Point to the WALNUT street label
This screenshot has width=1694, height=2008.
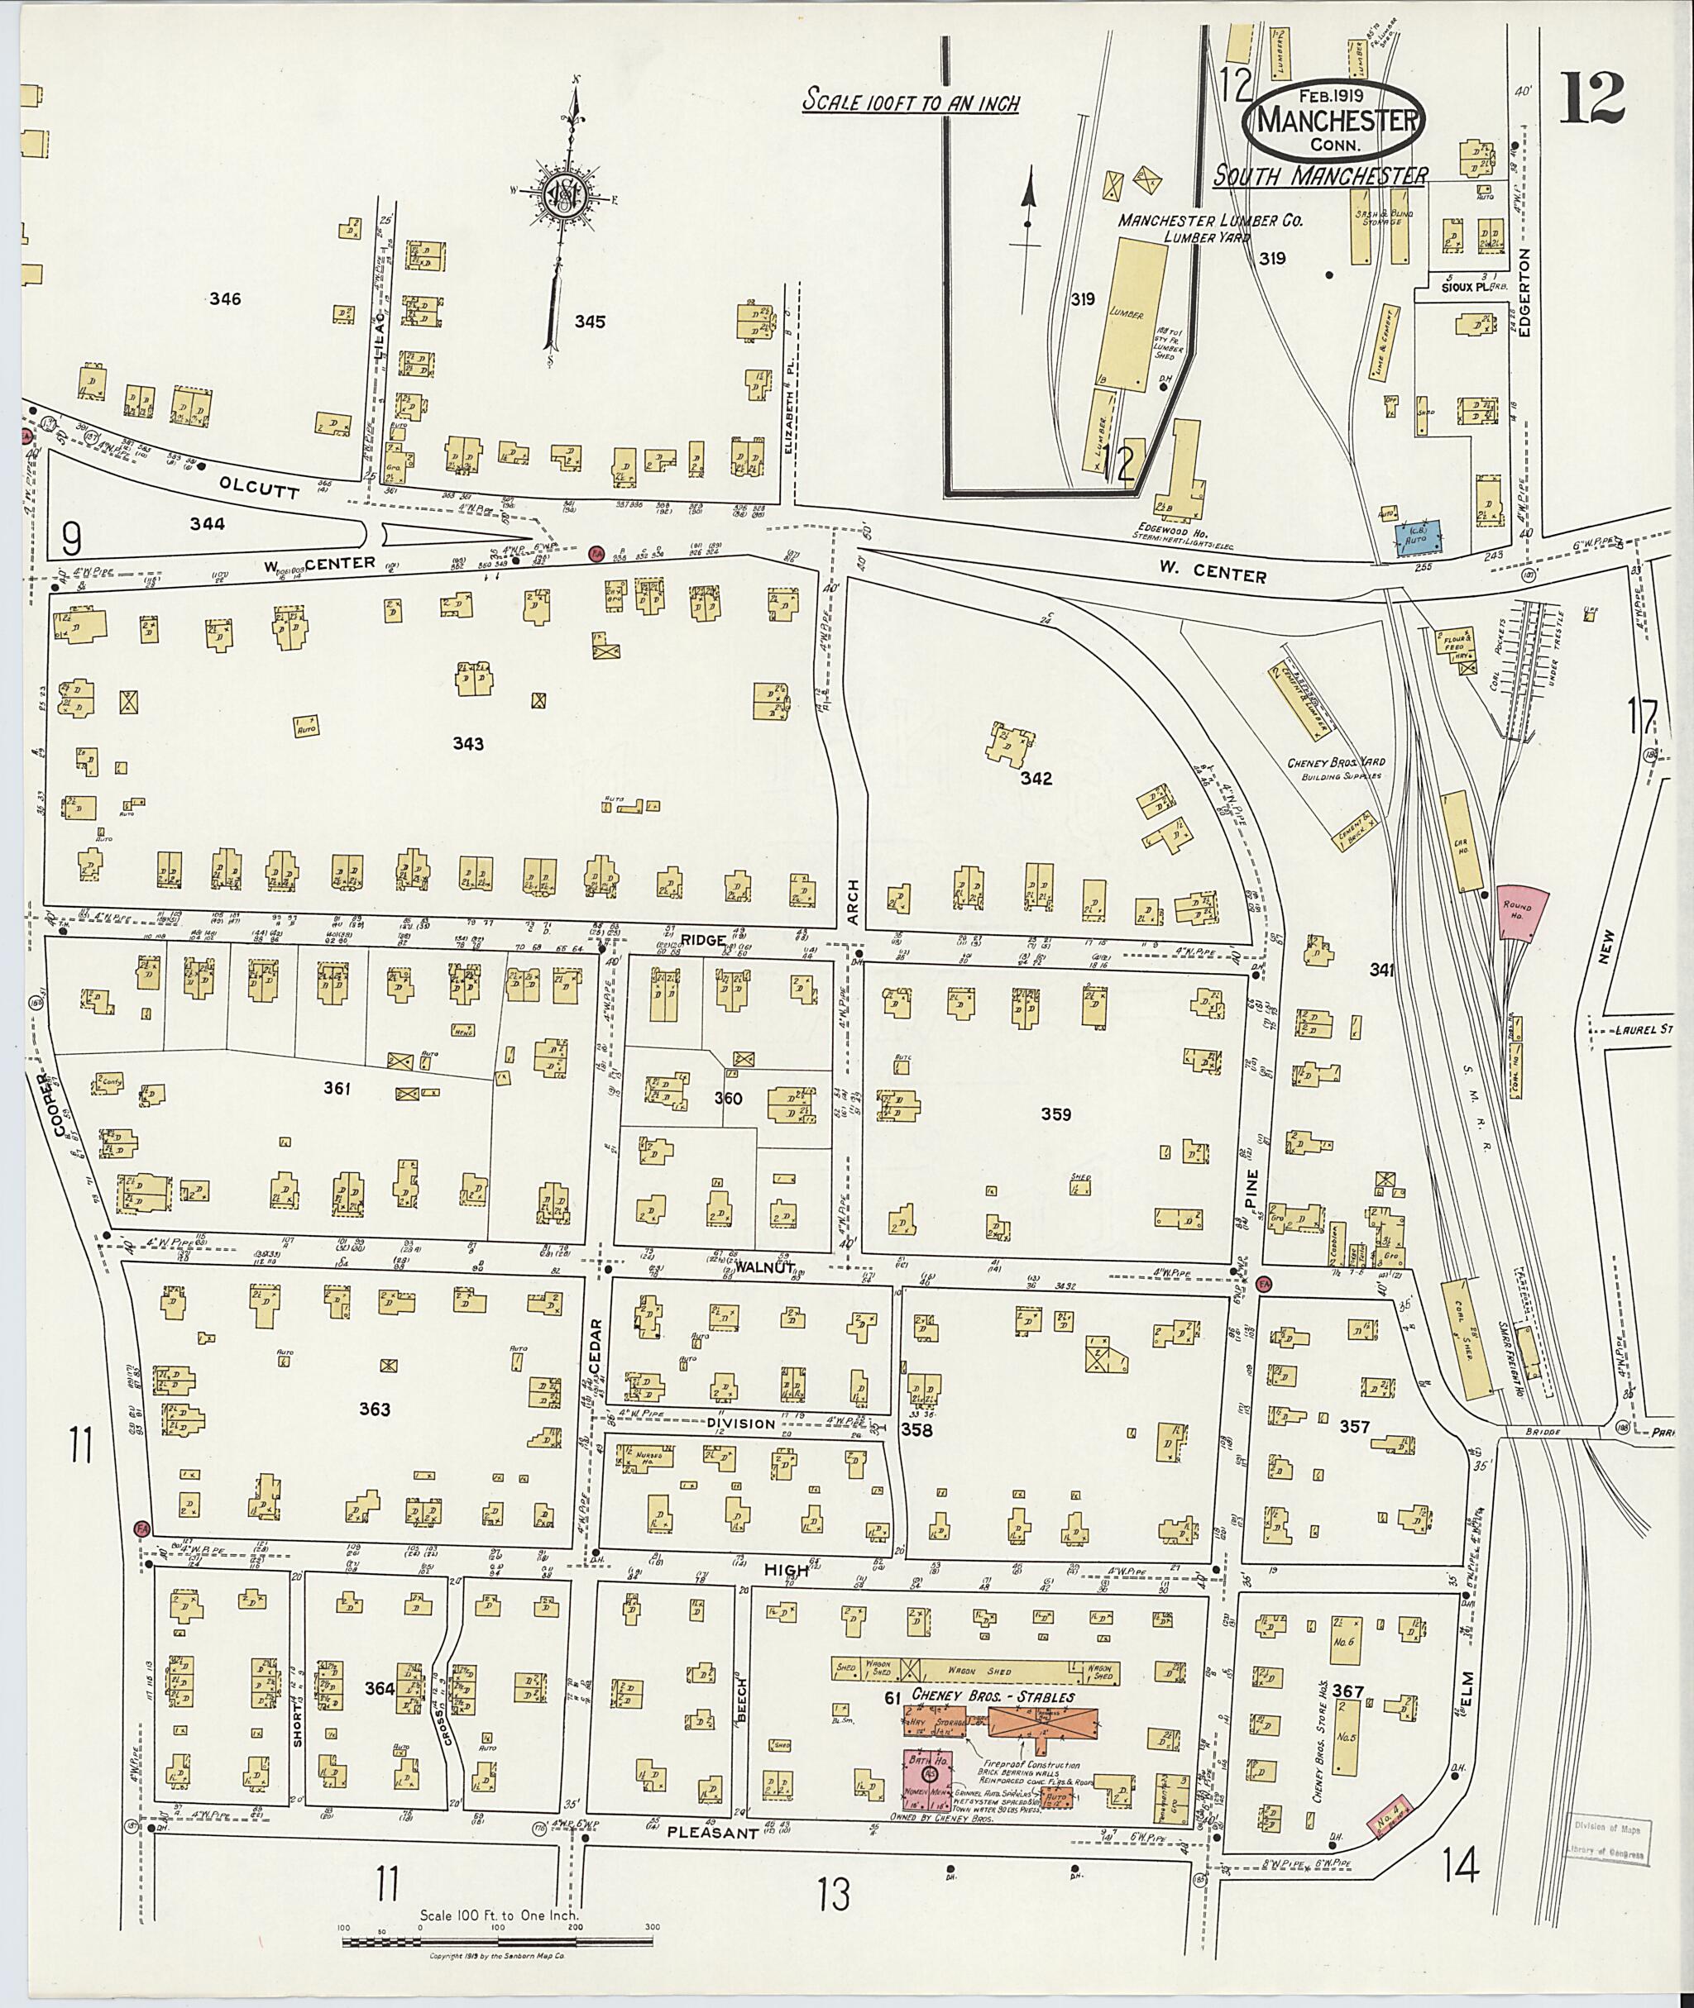765,1267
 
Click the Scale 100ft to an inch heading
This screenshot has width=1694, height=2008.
911,103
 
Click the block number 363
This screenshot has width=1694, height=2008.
375,1409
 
